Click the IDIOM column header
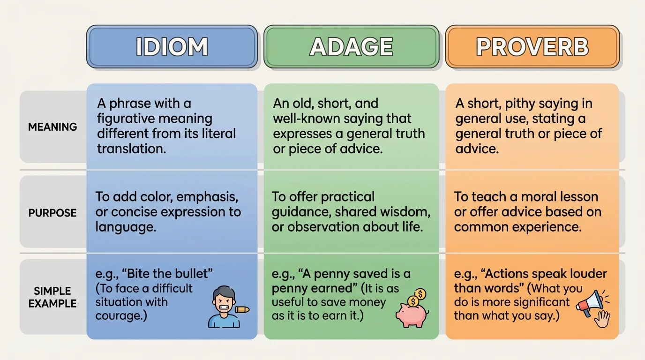(172, 47)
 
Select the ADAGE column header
(351, 47)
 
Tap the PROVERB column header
(532, 47)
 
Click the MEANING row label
(52, 127)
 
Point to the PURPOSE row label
(52, 213)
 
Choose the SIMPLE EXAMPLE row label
(52, 297)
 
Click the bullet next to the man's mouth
(242, 309)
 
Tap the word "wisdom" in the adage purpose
(405, 212)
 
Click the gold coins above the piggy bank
(417, 297)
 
